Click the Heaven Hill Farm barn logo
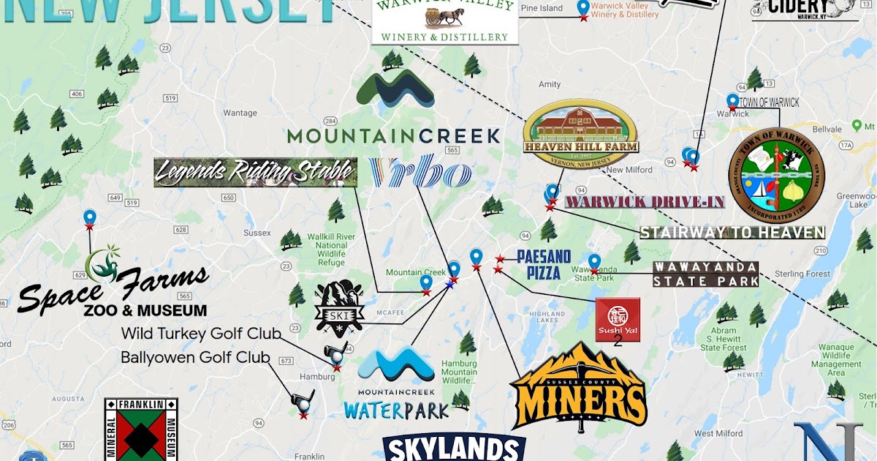[x=580, y=130]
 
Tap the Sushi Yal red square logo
[x=618, y=320]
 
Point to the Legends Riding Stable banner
[x=255, y=173]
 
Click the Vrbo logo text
[x=420, y=173]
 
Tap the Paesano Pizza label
[x=544, y=264]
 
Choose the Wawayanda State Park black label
[x=705, y=274]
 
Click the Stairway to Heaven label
[x=732, y=233]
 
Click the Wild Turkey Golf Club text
[x=201, y=334]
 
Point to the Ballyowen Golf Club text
[x=195, y=358]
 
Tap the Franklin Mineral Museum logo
[x=141, y=430]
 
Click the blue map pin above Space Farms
[x=90, y=217]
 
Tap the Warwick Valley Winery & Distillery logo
[x=444, y=20]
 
